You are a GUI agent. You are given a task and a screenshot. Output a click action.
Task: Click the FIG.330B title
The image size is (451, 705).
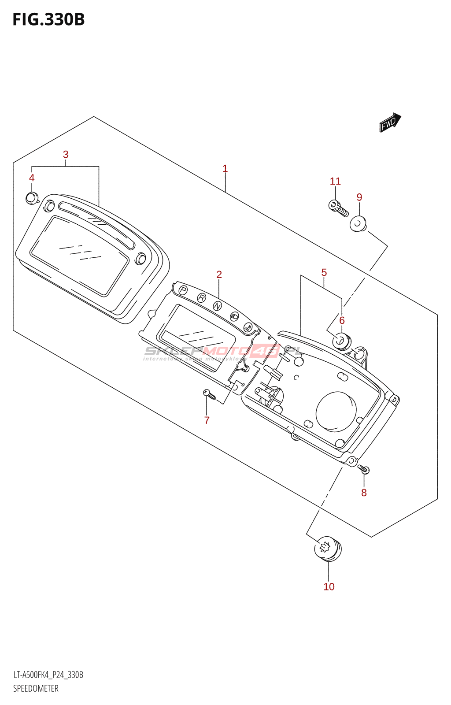48,20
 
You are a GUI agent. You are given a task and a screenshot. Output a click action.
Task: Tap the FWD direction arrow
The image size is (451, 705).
390,122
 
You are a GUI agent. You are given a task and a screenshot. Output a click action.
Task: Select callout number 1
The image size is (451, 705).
225,169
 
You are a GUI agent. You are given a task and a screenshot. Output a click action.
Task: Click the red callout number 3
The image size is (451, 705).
66,155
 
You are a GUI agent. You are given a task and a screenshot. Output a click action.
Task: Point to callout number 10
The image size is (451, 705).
329,587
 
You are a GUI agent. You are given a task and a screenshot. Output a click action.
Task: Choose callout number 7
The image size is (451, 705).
207,420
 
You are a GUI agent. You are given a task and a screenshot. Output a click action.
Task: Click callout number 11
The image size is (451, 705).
335,182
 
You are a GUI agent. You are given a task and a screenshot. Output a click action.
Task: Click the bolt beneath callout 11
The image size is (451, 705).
338,209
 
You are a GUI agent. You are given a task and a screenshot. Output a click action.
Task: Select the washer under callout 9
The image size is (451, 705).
358,224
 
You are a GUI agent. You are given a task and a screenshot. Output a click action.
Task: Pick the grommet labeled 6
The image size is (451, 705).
341,341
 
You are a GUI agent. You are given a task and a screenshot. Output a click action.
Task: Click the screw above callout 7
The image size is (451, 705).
209,394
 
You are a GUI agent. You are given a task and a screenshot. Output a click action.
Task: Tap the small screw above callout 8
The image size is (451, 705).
363,469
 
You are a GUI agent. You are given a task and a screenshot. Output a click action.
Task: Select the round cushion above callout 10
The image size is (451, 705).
328,549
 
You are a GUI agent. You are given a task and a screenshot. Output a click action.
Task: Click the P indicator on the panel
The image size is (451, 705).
183,290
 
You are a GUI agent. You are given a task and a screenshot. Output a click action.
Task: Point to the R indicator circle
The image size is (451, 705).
201,298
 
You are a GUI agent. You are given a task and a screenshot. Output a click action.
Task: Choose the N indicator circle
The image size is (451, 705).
218,306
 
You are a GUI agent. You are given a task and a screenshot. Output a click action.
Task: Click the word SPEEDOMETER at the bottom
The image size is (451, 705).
36,689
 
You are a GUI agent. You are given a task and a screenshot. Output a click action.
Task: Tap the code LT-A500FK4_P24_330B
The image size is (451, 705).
48,675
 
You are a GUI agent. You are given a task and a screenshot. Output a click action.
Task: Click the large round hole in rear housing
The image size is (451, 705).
336,411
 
